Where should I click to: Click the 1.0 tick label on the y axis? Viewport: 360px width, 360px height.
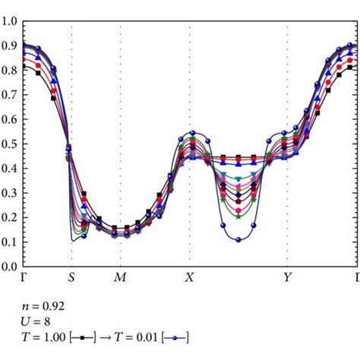(x=9, y=21)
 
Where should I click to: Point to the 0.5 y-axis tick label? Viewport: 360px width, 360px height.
(x=9, y=144)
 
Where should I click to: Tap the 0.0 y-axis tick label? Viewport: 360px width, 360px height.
(x=9, y=267)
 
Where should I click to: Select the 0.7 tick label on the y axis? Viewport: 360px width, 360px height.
(x=9, y=95)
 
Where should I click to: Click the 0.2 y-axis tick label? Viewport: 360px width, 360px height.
(x=9, y=218)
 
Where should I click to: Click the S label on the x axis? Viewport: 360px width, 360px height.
(x=71, y=278)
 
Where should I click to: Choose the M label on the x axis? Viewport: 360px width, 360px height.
(x=120, y=278)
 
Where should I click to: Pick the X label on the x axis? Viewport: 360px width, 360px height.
(x=190, y=278)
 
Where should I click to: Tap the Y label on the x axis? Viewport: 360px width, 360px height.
(x=287, y=278)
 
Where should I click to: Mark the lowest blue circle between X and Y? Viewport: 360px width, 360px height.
(x=238, y=239)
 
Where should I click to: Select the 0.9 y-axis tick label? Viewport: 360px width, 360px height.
(x=9, y=46)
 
